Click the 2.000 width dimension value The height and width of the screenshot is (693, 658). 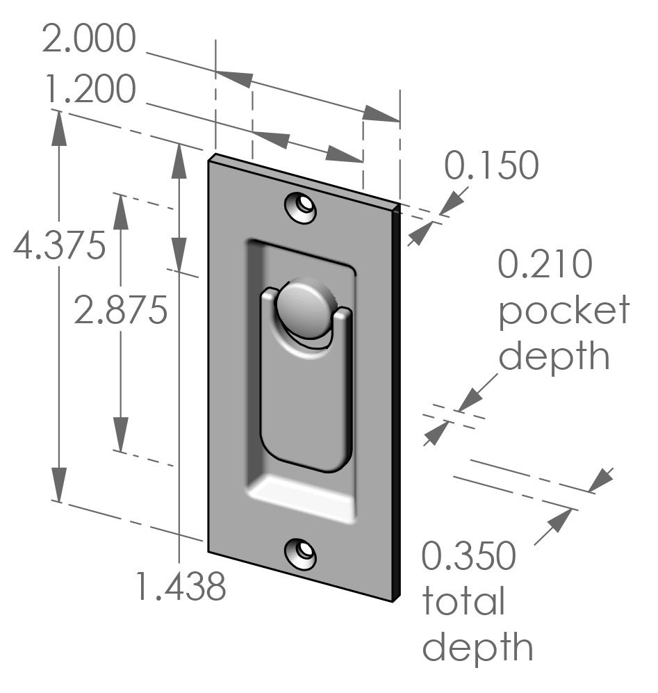tap(88, 40)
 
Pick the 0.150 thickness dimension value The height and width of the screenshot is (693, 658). tap(491, 166)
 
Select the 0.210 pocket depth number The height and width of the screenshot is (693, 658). tap(545, 266)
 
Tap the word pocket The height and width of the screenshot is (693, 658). tap(564, 310)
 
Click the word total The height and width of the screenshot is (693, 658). tap(463, 602)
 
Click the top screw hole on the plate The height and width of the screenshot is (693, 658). tap(302, 207)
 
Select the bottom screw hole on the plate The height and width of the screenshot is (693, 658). tap(302, 553)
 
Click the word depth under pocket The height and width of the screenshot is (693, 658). tap(554, 356)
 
